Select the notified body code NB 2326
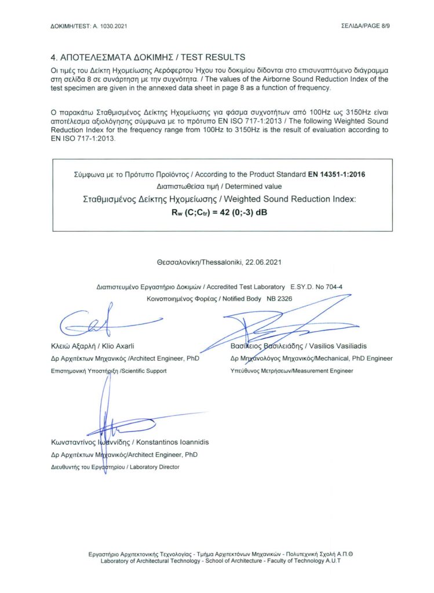tap(275, 298)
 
